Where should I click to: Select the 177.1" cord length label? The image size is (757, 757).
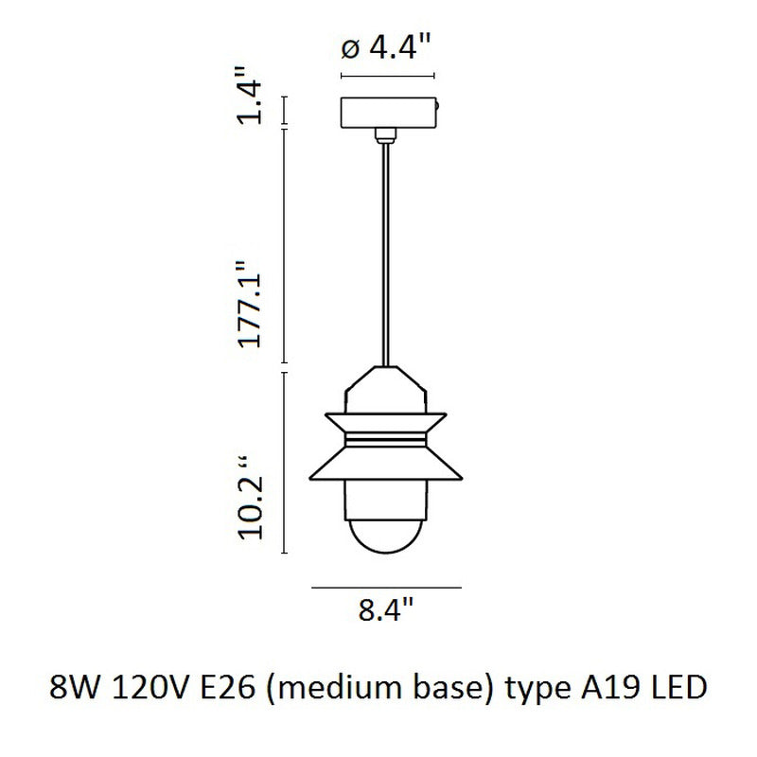pyautogui.click(x=249, y=305)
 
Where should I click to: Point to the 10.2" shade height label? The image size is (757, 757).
pyautogui.click(x=249, y=499)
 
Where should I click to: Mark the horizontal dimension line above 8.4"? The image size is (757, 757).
pyautogui.click(x=386, y=589)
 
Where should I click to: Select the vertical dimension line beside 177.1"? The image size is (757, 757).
pyautogui.click(x=286, y=246)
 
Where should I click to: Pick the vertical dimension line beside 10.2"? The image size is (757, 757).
pyautogui.click(x=286, y=464)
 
